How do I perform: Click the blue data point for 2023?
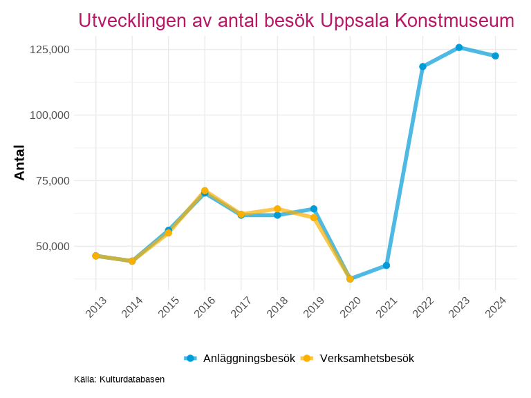pyautogui.click(x=459, y=48)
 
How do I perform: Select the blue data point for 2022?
pyautogui.click(x=422, y=67)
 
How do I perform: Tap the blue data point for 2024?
pyautogui.click(x=496, y=56)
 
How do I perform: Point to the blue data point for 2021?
pyautogui.click(x=386, y=265)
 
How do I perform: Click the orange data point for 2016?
pyautogui.click(x=205, y=191)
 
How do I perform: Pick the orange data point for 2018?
pyautogui.click(x=277, y=209)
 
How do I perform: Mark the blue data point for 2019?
pyautogui.click(x=314, y=209)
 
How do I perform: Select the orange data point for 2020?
pyautogui.click(x=350, y=279)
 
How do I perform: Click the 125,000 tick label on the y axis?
pyautogui.click(x=50, y=50)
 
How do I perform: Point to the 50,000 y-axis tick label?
pyautogui.click(x=53, y=247)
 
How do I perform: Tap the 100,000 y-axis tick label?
pyautogui.click(x=50, y=115)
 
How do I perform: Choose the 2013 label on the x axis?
pyautogui.click(x=95, y=308)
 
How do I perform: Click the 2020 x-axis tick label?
pyautogui.click(x=350, y=308)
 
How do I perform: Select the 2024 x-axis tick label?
pyautogui.click(x=496, y=308)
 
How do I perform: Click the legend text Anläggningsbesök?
pyautogui.click(x=249, y=358)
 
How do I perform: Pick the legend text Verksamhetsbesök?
pyautogui.click(x=366, y=358)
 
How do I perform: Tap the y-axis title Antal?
pyautogui.click(x=19, y=163)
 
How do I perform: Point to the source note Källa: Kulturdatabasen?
pyautogui.click(x=119, y=379)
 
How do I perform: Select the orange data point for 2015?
pyautogui.click(x=168, y=233)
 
